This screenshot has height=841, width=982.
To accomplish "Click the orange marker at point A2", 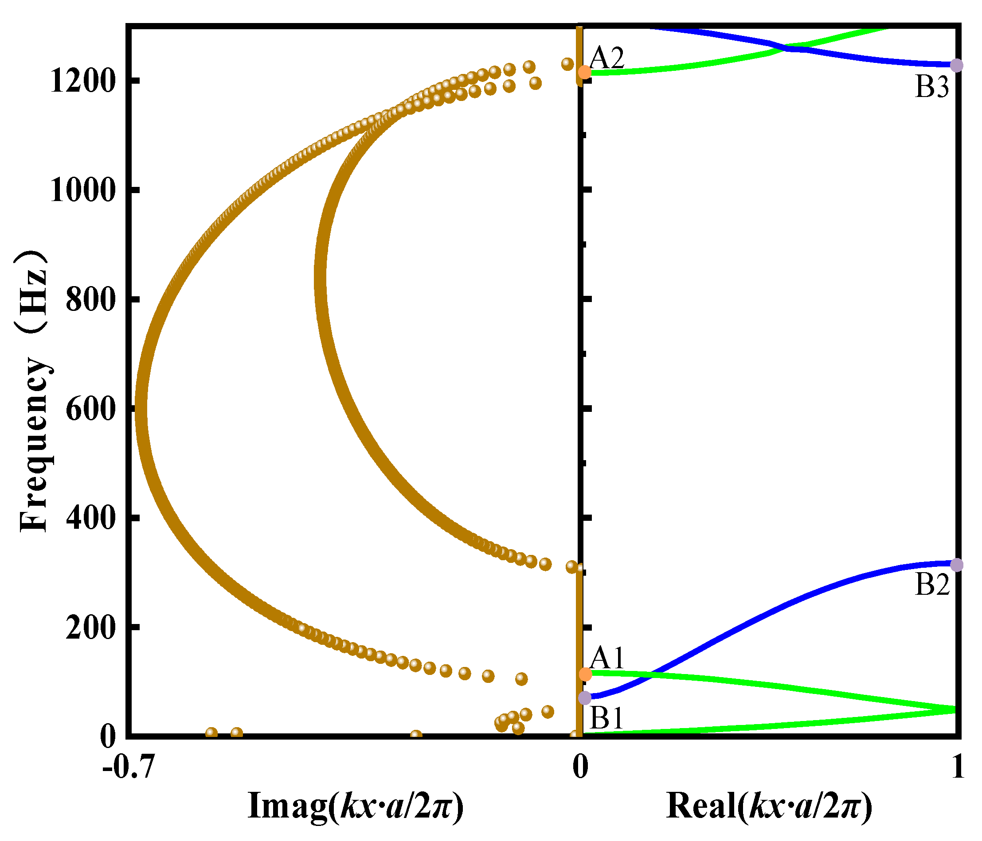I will [585, 72].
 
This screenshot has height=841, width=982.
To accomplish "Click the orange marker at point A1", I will [586, 674].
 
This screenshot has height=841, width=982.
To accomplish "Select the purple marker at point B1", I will [585, 698].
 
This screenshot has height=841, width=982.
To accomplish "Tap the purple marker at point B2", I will [957, 565].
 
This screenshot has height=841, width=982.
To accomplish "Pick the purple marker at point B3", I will [957, 66].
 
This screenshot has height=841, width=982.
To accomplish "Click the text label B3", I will [932, 88].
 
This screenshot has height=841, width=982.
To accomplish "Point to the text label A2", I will [607, 58].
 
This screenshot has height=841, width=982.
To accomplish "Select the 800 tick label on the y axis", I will [90, 300].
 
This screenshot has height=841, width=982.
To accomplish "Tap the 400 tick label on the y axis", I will [90, 518].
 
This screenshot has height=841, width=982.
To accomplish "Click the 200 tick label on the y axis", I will [90, 628].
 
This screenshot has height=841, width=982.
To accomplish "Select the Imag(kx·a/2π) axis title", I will [356, 806].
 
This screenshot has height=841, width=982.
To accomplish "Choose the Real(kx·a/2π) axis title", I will [769, 806].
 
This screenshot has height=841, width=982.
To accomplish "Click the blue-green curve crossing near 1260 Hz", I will [786, 48].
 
